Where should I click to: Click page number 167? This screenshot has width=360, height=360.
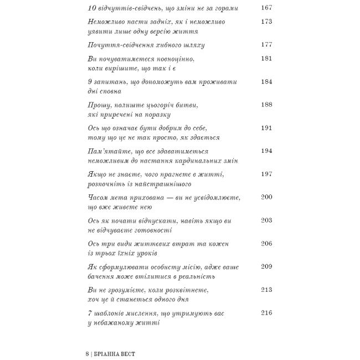[x=266, y=8]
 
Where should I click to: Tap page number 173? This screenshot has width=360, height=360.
[x=266, y=22]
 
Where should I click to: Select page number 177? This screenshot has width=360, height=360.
[x=266, y=45]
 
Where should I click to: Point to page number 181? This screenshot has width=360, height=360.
[x=266, y=58]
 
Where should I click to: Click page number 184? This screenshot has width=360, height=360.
[x=266, y=81]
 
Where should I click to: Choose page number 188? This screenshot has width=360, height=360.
[x=266, y=104]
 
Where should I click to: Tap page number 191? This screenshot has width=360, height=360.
[x=266, y=127]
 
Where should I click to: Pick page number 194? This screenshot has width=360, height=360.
[x=266, y=151]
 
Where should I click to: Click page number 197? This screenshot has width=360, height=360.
[x=266, y=174]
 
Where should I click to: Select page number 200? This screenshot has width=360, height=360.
[x=266, y=197]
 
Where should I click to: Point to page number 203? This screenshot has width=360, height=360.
[x=266, y=220]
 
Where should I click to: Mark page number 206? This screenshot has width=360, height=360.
[x=266, y=243]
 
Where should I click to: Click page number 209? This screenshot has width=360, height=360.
[x=266, y=266]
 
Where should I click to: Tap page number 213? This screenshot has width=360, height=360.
[x=266, y=290]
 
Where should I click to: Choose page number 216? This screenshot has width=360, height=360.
[x=266, y=312]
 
